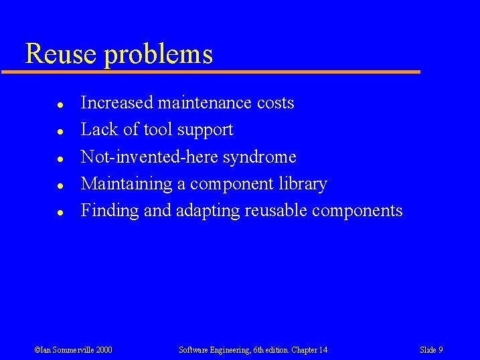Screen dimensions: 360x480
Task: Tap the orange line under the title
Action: [x=214, y=72]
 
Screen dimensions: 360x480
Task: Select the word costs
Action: [x=275, y=103]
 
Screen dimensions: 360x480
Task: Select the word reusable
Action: [x=275, y=211]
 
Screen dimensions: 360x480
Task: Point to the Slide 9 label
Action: [x=431, y=350]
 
